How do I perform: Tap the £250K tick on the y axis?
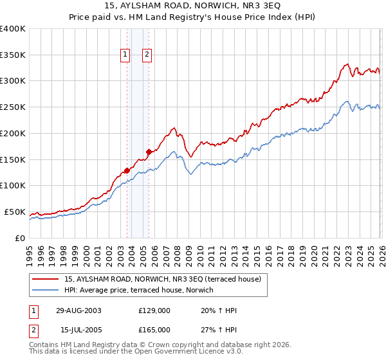point(13,107)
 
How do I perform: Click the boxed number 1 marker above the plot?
point(125,55)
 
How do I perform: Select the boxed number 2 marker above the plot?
point(147,55)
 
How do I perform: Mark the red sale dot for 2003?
point(127,170)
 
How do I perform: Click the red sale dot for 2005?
point(149,152)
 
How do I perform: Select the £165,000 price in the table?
point(154,330)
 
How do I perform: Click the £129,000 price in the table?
point(154,310)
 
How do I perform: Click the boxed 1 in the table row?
point(34,310)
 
